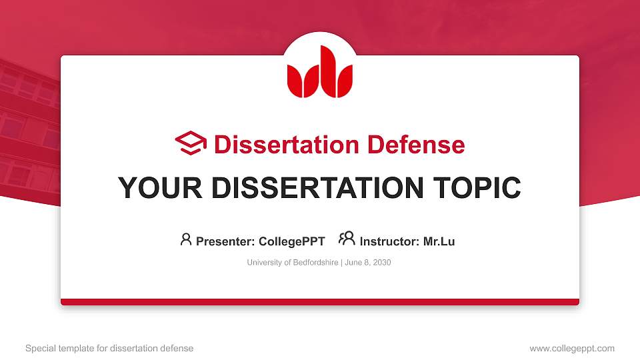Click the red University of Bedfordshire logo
click(x=319, y=72)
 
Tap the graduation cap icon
click(x=191, y=143)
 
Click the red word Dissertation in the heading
click(x=287, y=145)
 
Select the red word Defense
click(x=416, y=145)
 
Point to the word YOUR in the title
click(x=160, y=188)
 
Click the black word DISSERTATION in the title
click(x=317, y=188)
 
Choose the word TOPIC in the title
click(x=477, y=188)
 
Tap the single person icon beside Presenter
click(x=186, y=239)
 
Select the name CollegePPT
click(x=292, y=241)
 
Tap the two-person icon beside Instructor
click(x=347, y=239)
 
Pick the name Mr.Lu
click(x=439, y=241)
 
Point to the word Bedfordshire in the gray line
click(x=315, y=263)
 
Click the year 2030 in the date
click(x=382, y=263)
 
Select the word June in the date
click(x=353, y=263)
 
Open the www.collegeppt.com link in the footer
click(x=572, y=349)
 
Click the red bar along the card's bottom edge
click(x=320, y=302)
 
